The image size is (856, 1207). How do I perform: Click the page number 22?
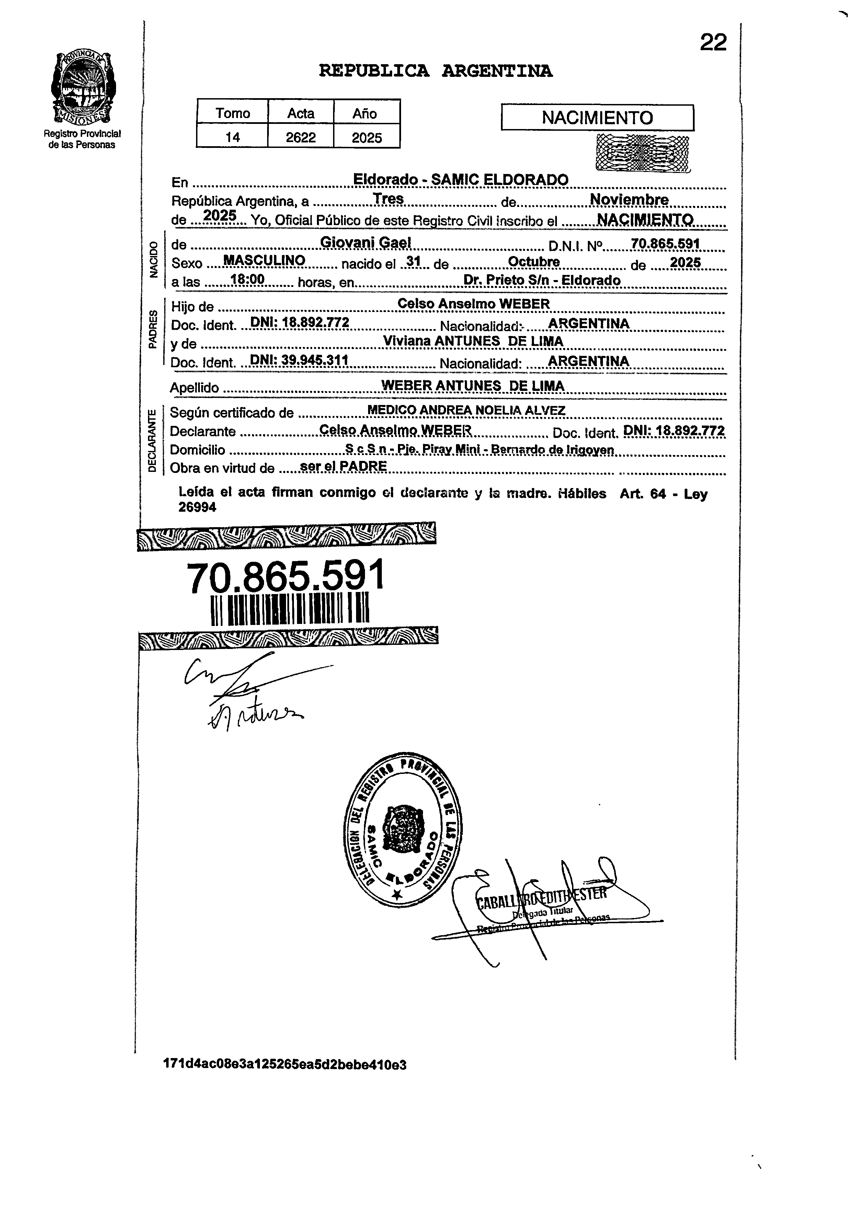coord(713,43)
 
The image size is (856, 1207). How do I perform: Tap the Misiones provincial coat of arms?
coord(83,87)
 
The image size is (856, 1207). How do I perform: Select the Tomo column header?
coord(232,113)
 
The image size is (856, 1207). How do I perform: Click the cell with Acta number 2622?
coord(300,138)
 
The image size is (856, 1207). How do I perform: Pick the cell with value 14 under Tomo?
coord(232,138)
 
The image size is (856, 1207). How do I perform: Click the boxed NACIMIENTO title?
coord(597,117)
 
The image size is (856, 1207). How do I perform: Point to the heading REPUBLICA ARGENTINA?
coord(435,71)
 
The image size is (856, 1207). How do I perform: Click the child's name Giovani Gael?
coord(365,242)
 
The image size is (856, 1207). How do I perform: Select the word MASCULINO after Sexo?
coord(264,260)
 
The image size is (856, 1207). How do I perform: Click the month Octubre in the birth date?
coord(534,262)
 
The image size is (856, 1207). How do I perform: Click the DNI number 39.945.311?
coord(299,360)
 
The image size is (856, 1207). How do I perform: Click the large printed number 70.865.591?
coord(286,577)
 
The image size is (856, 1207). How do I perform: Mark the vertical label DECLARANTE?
coord(152,440)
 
